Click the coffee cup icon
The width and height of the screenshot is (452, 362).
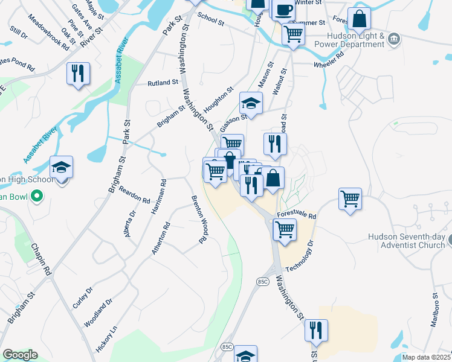(283, 10)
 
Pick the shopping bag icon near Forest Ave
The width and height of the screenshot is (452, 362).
(359, 19)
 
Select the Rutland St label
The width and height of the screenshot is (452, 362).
(163, 83)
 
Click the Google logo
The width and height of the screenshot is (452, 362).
(20, 355)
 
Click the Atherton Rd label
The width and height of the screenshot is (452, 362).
(161, 238)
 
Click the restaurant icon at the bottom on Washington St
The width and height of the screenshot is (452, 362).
(316, 331)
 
